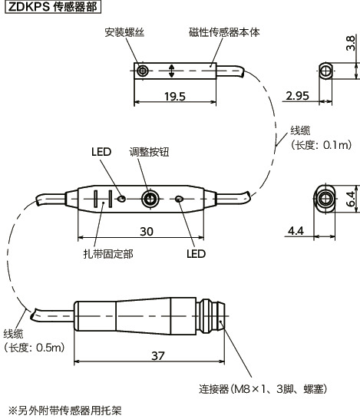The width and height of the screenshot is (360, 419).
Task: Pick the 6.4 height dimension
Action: pyautogui.click(x=350, y=200)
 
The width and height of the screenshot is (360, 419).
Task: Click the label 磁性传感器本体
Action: pyautogui.click(x=222, y=32)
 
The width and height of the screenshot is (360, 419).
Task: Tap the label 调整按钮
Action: pyautogui.click(x=149, y=152)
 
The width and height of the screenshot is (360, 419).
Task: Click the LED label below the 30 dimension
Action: pyautogui.click(x=196, y=253)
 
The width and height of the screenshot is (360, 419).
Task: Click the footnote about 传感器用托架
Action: pyautogui.click(x=64, y=410)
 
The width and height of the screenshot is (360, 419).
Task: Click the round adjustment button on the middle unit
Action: pyautogui.click(x=150, y=200)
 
